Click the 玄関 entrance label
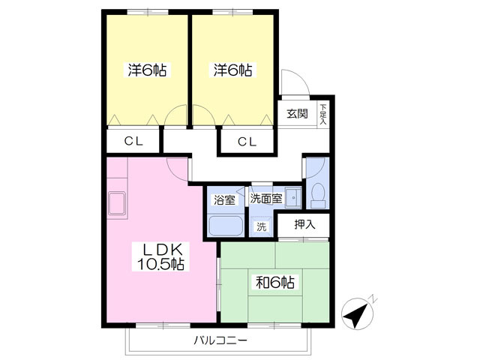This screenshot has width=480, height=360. point(297,114)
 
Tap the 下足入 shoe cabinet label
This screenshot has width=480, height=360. point(323,115)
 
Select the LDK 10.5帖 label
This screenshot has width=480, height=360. point(160,256)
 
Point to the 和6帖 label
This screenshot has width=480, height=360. point(275,282)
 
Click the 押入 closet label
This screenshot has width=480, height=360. point(304,225)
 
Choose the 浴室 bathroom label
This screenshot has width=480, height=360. point(225,200)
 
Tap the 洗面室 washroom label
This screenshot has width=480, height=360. point(266,199)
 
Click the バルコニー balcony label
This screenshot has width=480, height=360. point(220,340)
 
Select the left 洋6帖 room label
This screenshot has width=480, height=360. point(147,70)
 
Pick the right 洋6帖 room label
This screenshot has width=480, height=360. point(233,70)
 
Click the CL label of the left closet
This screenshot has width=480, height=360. point(133,141)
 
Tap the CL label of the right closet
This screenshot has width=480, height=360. point(247,142)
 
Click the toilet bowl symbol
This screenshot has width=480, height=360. point(318,196)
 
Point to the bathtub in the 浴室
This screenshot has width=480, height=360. point(226,226)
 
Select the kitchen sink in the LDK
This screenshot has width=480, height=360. point(117,203)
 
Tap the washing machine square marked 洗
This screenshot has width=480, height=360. point(261,226)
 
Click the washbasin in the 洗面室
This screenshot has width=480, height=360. point(293,198)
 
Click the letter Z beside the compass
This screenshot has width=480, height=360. point(373,298)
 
